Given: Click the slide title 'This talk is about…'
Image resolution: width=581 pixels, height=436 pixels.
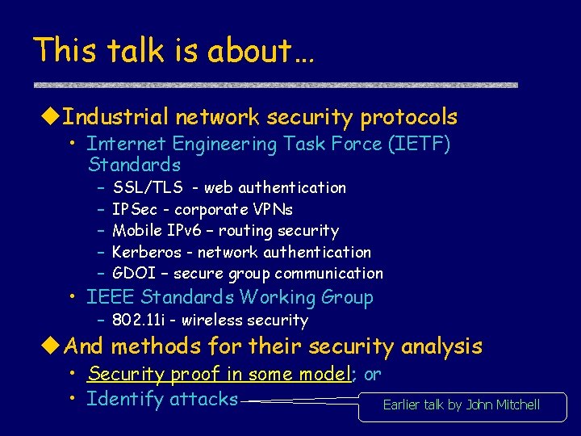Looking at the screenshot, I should [x=174, y=51].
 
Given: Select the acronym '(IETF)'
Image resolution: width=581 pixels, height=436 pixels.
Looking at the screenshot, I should [x=419, y=144].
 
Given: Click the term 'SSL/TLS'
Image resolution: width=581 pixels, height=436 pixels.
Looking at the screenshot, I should [x=148, y=187].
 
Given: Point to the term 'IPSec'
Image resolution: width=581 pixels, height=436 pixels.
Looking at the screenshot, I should [x=135, y=209].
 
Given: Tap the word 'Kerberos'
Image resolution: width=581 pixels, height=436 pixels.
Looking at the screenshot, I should [x=147, y=253].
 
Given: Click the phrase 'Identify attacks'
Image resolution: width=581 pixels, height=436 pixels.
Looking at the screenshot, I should [x=162, y=399].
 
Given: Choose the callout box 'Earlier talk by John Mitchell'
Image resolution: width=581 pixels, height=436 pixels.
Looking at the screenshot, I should [x=462, y=405].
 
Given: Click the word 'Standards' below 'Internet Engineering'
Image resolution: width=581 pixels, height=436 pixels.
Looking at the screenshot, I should [x=134, y=165].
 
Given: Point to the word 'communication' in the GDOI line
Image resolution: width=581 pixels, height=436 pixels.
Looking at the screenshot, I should [x=331, y=274].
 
